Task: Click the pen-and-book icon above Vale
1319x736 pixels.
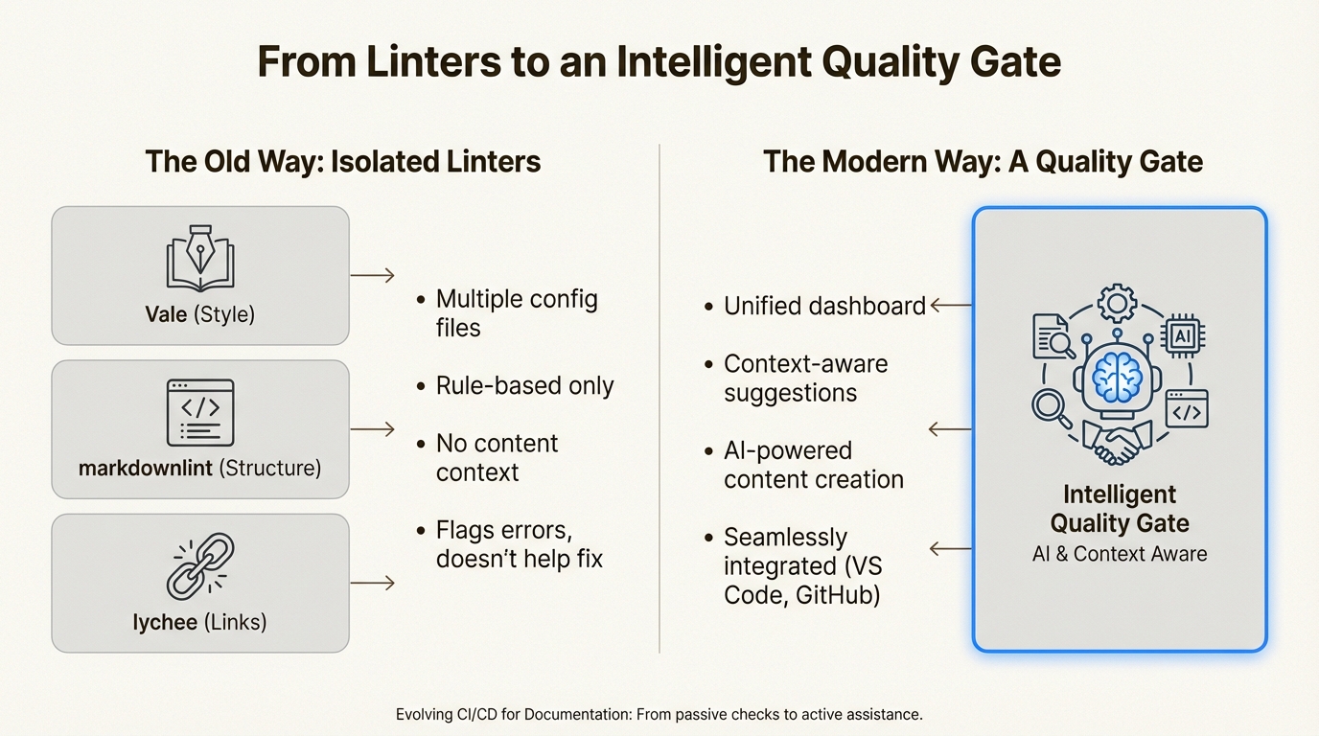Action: [x=199, y=257]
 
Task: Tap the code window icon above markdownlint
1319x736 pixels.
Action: [x=199, y=412]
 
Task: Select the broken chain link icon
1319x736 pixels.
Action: [x=199, y=566]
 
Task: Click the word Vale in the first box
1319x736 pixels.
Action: [x=166, y=314]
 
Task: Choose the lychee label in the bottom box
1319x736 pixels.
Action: [x=165, y=622]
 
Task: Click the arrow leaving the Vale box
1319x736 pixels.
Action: [x=372, y=276]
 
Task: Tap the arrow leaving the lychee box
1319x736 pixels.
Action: [x=372, y=583]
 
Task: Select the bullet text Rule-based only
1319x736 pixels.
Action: [x=524, y=385]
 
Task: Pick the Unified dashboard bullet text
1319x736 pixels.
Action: [x=824, y=306]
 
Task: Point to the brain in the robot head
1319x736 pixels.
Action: [x=1119, y=375]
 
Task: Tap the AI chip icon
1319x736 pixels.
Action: [x=1183, y=337]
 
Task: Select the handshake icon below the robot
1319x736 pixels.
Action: [x=1118, y=441]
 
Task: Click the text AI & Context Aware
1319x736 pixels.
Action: [x=1119, y=554]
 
